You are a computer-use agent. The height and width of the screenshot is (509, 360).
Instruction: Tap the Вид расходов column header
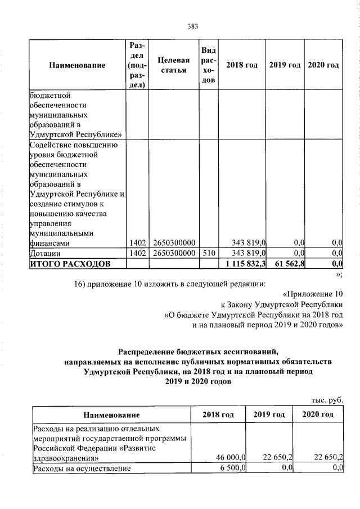pyautogui.click(x=208, y=65)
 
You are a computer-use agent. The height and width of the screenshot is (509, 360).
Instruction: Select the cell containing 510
pyautogui.click(x=208, y=253)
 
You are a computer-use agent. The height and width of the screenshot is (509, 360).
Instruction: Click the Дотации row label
pyautogui.click(x=47, y=253)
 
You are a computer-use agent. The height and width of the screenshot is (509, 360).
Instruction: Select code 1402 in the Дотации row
pyautogui.click(x=137, y=253)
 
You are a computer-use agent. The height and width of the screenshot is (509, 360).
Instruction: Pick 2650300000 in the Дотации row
pyautogui.click(x=174, y=253)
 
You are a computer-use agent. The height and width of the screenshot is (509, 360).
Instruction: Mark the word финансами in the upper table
pyautogui.click(x=50, y=243)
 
